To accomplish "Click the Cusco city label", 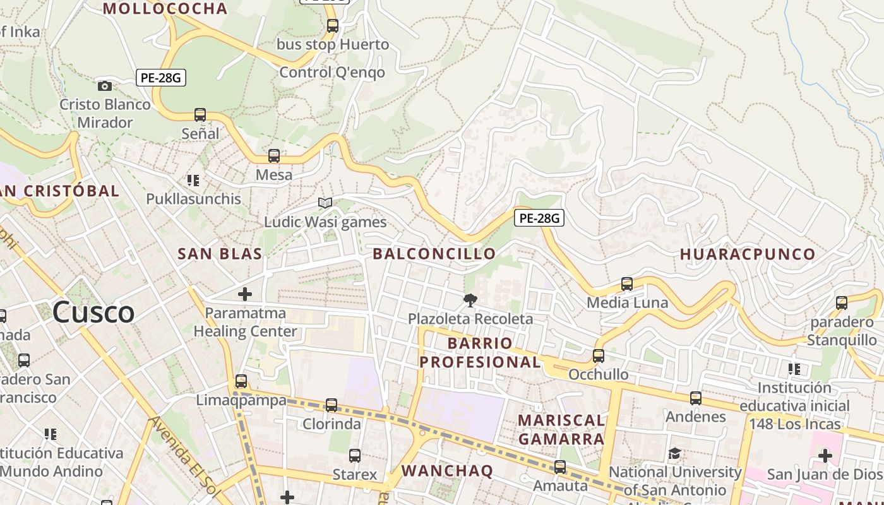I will [93, 312].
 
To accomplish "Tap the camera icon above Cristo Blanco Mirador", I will [105, 86].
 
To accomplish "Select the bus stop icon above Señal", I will [200, 115].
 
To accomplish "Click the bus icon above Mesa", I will [274, 155].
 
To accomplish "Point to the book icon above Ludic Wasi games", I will [325, 203].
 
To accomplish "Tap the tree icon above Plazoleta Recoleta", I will [470, 300].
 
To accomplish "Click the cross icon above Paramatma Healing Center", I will [245, 294].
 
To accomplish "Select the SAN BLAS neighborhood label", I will [220, 254].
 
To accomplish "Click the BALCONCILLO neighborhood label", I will [434, 254].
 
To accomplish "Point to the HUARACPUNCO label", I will [748, 254].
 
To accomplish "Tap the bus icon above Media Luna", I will [627, 284].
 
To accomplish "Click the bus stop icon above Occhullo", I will [599, 356].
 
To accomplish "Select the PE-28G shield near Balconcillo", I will [539, 218].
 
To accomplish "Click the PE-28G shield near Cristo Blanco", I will [161, 78].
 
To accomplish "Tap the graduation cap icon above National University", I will [675, 453].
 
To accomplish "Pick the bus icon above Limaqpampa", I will [241, 381].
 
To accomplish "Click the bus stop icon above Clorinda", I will [331, 405].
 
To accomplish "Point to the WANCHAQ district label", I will [447, 471].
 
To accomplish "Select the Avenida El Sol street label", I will [183, 455].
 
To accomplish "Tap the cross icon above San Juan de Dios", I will [825, 455].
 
